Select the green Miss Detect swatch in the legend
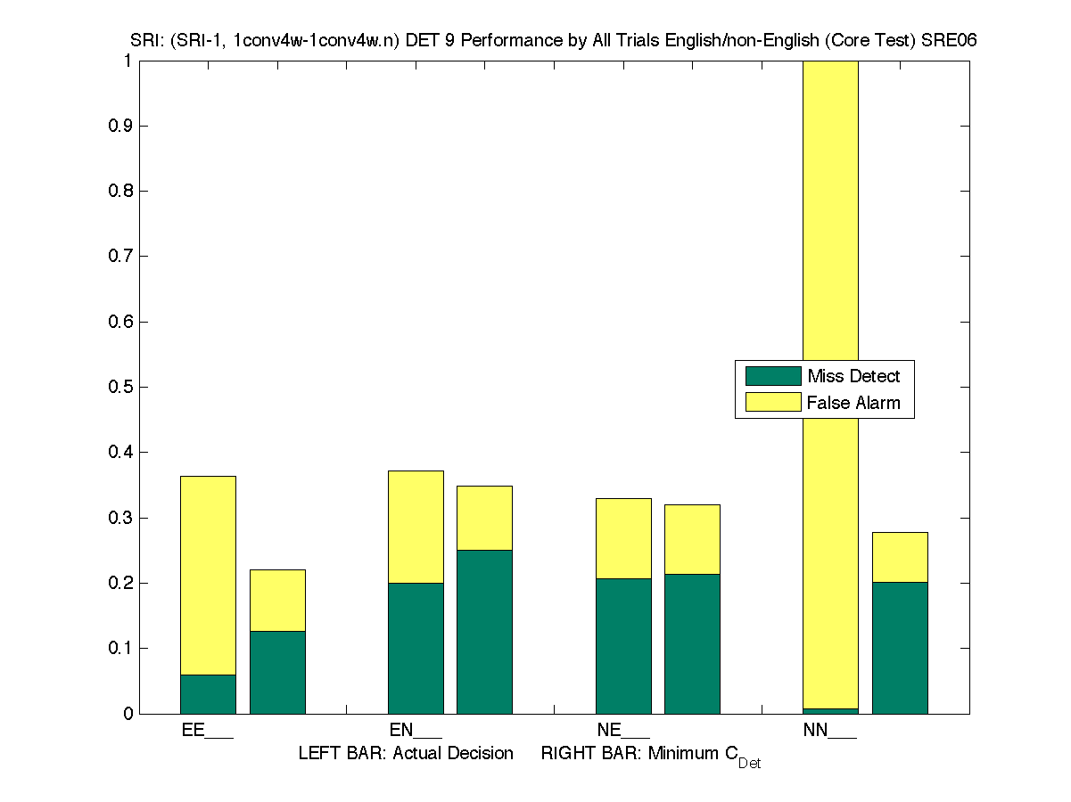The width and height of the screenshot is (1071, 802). coord(772,376)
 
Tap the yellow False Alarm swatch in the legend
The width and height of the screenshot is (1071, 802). coord(772,402)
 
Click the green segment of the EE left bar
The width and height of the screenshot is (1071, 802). coord(208,694)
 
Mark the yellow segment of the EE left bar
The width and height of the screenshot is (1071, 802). coord(208,575)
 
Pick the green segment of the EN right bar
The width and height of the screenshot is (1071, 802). coord(484,632)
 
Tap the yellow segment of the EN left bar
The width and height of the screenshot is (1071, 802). coord(416,527)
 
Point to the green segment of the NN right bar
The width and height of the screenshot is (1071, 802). coord(900,648)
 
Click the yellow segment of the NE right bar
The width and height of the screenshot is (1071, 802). coord(692,539)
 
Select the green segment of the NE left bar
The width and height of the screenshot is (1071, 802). coord(623,646)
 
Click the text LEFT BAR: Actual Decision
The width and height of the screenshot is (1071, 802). coord(406,754)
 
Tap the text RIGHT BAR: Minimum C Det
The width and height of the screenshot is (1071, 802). coord(650,756)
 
